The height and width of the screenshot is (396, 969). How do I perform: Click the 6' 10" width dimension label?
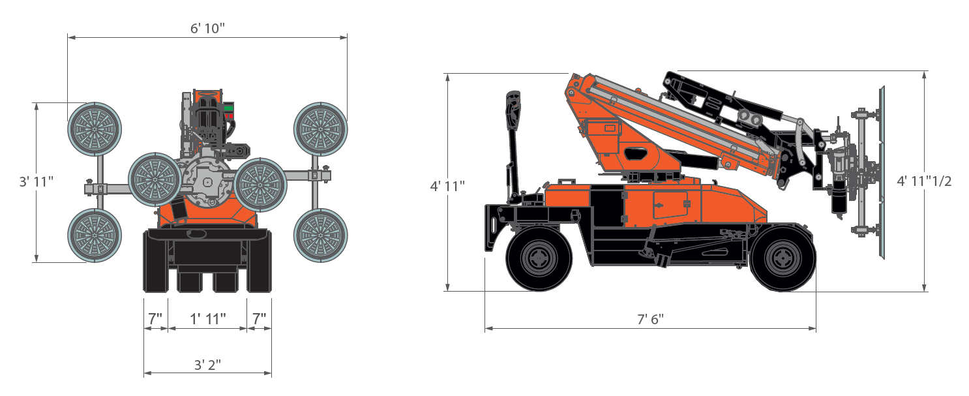point(207,28)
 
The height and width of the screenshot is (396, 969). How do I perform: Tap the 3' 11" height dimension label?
point(36,182)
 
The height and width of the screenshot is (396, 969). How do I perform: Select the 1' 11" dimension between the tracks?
point(207,319)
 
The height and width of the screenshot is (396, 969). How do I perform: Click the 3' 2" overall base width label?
point(207,365)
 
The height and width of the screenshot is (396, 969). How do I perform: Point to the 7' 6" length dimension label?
point(649,320)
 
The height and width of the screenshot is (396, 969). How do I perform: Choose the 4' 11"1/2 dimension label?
point(924,181)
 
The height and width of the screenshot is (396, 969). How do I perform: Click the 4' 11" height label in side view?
point(447,186)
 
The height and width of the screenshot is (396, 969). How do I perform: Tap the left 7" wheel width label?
point(155,319)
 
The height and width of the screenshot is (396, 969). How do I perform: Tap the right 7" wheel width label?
point(260,319)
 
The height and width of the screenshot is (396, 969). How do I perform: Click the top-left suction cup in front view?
point(95,129)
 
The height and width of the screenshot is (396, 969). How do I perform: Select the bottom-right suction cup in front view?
point(320,236)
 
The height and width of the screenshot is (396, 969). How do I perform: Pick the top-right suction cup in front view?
point(320,129)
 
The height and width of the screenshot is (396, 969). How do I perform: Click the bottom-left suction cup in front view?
point(95,236)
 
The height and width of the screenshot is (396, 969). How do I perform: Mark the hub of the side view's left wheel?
point(539,259)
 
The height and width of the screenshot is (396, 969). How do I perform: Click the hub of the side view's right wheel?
point(783,259)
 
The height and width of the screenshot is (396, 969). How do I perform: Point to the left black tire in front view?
point(155,261)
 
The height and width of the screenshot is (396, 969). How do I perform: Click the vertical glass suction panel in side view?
point(880,173)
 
